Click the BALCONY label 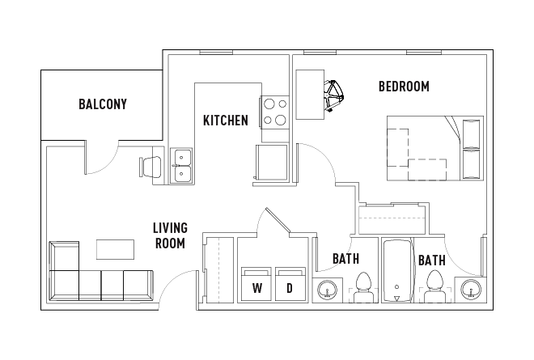click(102, 104)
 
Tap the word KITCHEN click(225, 121)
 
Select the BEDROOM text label click(404, 87)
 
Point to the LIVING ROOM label click(169, 235)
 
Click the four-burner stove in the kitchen click(274, 112)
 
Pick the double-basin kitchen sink click(181, 166)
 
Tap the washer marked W click(256, 284)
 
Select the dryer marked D click(289, 284)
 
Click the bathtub click(396, 272)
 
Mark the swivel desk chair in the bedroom click(333, 97)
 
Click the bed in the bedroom click(434, 148)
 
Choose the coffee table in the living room click(117, 248)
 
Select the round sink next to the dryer click(327, 289)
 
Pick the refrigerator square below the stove click(271, 162)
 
